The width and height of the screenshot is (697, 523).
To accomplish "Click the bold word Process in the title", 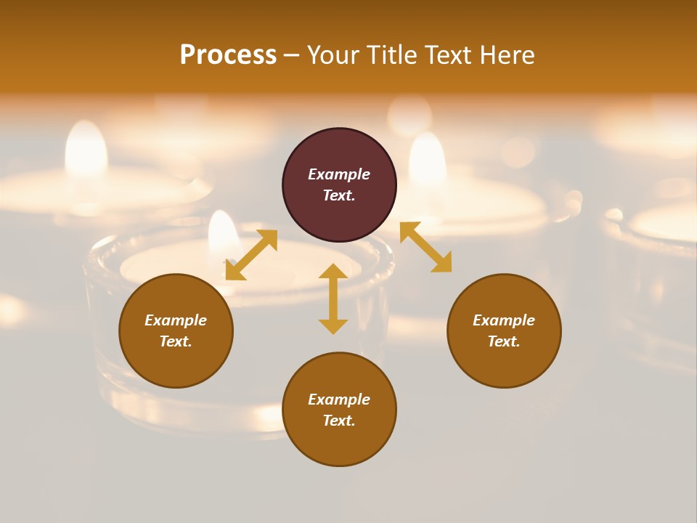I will click(x=228, y=55).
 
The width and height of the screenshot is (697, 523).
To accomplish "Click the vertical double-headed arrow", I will click(x=333, y=299).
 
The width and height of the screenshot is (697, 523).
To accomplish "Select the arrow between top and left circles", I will click(x=251, y=255).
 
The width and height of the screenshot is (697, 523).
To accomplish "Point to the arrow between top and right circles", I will click(x=425, y=247).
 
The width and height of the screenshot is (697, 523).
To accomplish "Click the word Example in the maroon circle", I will click(x=339, y=174).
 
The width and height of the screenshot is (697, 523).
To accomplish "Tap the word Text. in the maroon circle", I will click(x=339, y=195).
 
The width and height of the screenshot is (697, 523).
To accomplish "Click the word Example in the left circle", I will click(x=176, y=320).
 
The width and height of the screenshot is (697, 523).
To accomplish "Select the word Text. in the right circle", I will click(x=504, y=341).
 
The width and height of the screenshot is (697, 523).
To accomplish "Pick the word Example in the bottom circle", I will click(x=339, y=400).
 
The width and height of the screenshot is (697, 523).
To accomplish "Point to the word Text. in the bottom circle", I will click(x=339, y=421).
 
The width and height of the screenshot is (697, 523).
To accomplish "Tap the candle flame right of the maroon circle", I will click(x=428, y=160).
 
